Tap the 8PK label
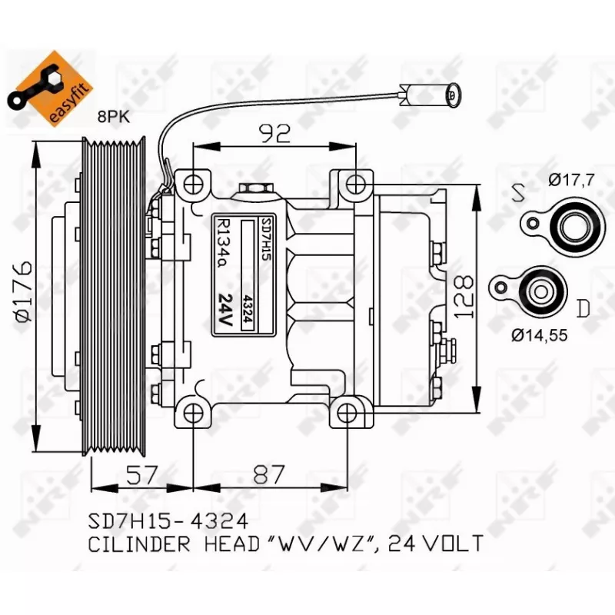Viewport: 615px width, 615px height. click(114, 117)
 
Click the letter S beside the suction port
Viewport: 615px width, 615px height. click(520, 192)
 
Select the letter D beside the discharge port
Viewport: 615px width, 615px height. click(583, 309)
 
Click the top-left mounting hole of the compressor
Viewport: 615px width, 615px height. click(193, 184)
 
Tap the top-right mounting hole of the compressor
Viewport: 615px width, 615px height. click(355, 184)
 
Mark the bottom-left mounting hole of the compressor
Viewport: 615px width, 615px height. click(192, 414)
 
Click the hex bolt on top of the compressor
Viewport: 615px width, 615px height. click(252, 190)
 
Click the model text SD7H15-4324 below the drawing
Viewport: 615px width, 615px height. click(168, 521)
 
